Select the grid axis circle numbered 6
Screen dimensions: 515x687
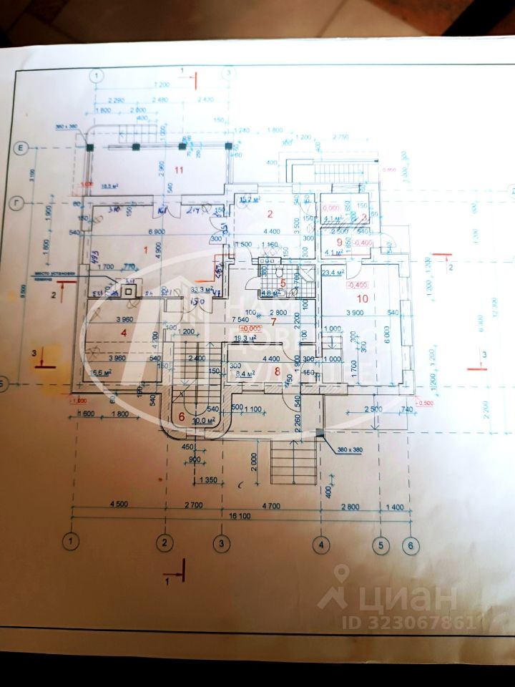coord(410,545)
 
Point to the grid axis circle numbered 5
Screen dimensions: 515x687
coord(381,545)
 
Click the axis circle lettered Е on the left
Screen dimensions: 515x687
coord(21,148)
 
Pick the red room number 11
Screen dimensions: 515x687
coord(180,170)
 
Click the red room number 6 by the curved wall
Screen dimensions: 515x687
coord(181,416)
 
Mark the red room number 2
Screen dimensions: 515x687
coord(270,214)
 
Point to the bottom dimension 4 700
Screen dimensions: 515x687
coord(272,506)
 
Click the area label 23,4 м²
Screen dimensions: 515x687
coord(333,273)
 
